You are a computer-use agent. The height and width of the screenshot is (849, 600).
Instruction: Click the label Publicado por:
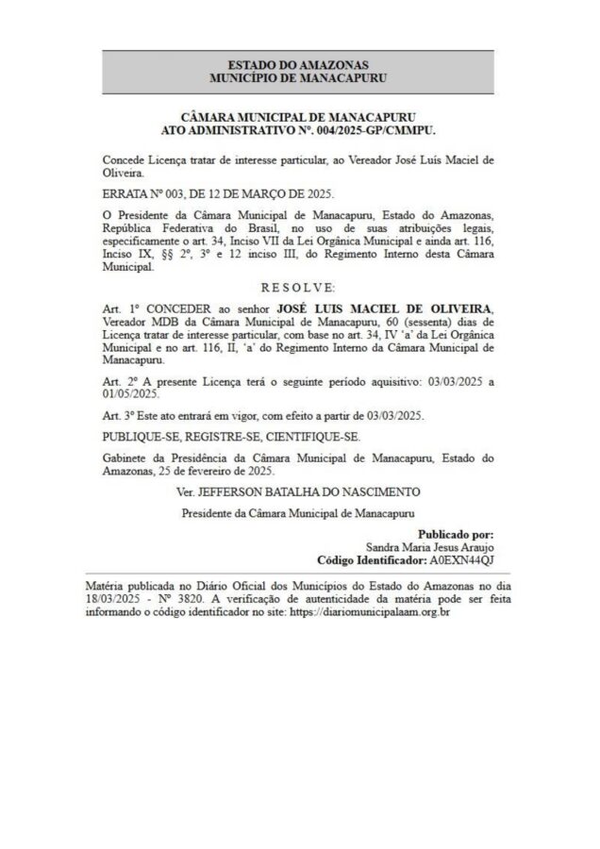[456, 534]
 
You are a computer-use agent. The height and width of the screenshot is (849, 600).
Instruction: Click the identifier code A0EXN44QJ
[461, 558]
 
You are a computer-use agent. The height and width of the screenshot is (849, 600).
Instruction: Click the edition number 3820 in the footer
[193, 599]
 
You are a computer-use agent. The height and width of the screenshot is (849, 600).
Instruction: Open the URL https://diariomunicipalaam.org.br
[369, 612]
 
